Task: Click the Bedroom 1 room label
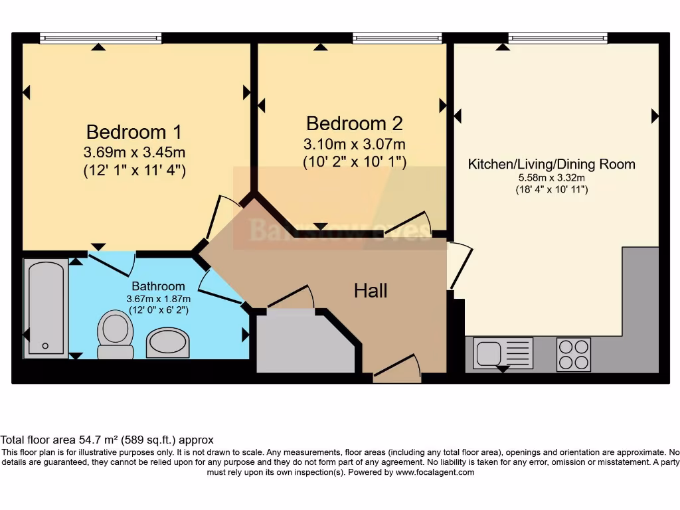tap(134, 131)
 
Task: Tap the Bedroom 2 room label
tap(355, 124)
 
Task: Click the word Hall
tap(371, 290)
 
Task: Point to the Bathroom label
tap(158, 286)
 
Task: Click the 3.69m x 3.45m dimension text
tap(134, 151)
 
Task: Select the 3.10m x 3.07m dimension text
tap(355, 144)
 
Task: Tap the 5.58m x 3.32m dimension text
tap(552, 178)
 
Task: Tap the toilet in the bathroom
tap(114, 335)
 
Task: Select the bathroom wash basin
tap(167, 342)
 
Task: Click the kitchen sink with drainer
tap(503, 353)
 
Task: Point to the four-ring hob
tap(573, 354)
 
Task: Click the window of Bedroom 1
tap(100, 38)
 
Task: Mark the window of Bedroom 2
tap(397, 38)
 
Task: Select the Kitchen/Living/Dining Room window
tap(558, 38)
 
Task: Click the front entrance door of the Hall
tap(397, 372)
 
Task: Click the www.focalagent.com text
tap(435, 473)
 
